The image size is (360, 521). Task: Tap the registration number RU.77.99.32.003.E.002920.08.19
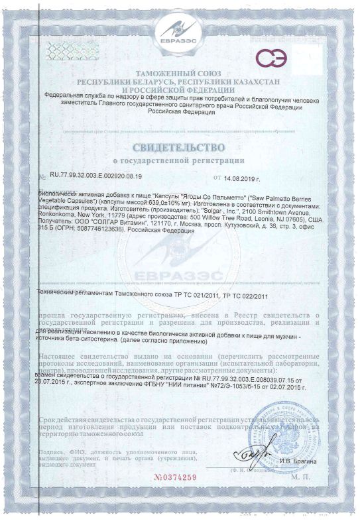pyautogui.click(x=101, y=178)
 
